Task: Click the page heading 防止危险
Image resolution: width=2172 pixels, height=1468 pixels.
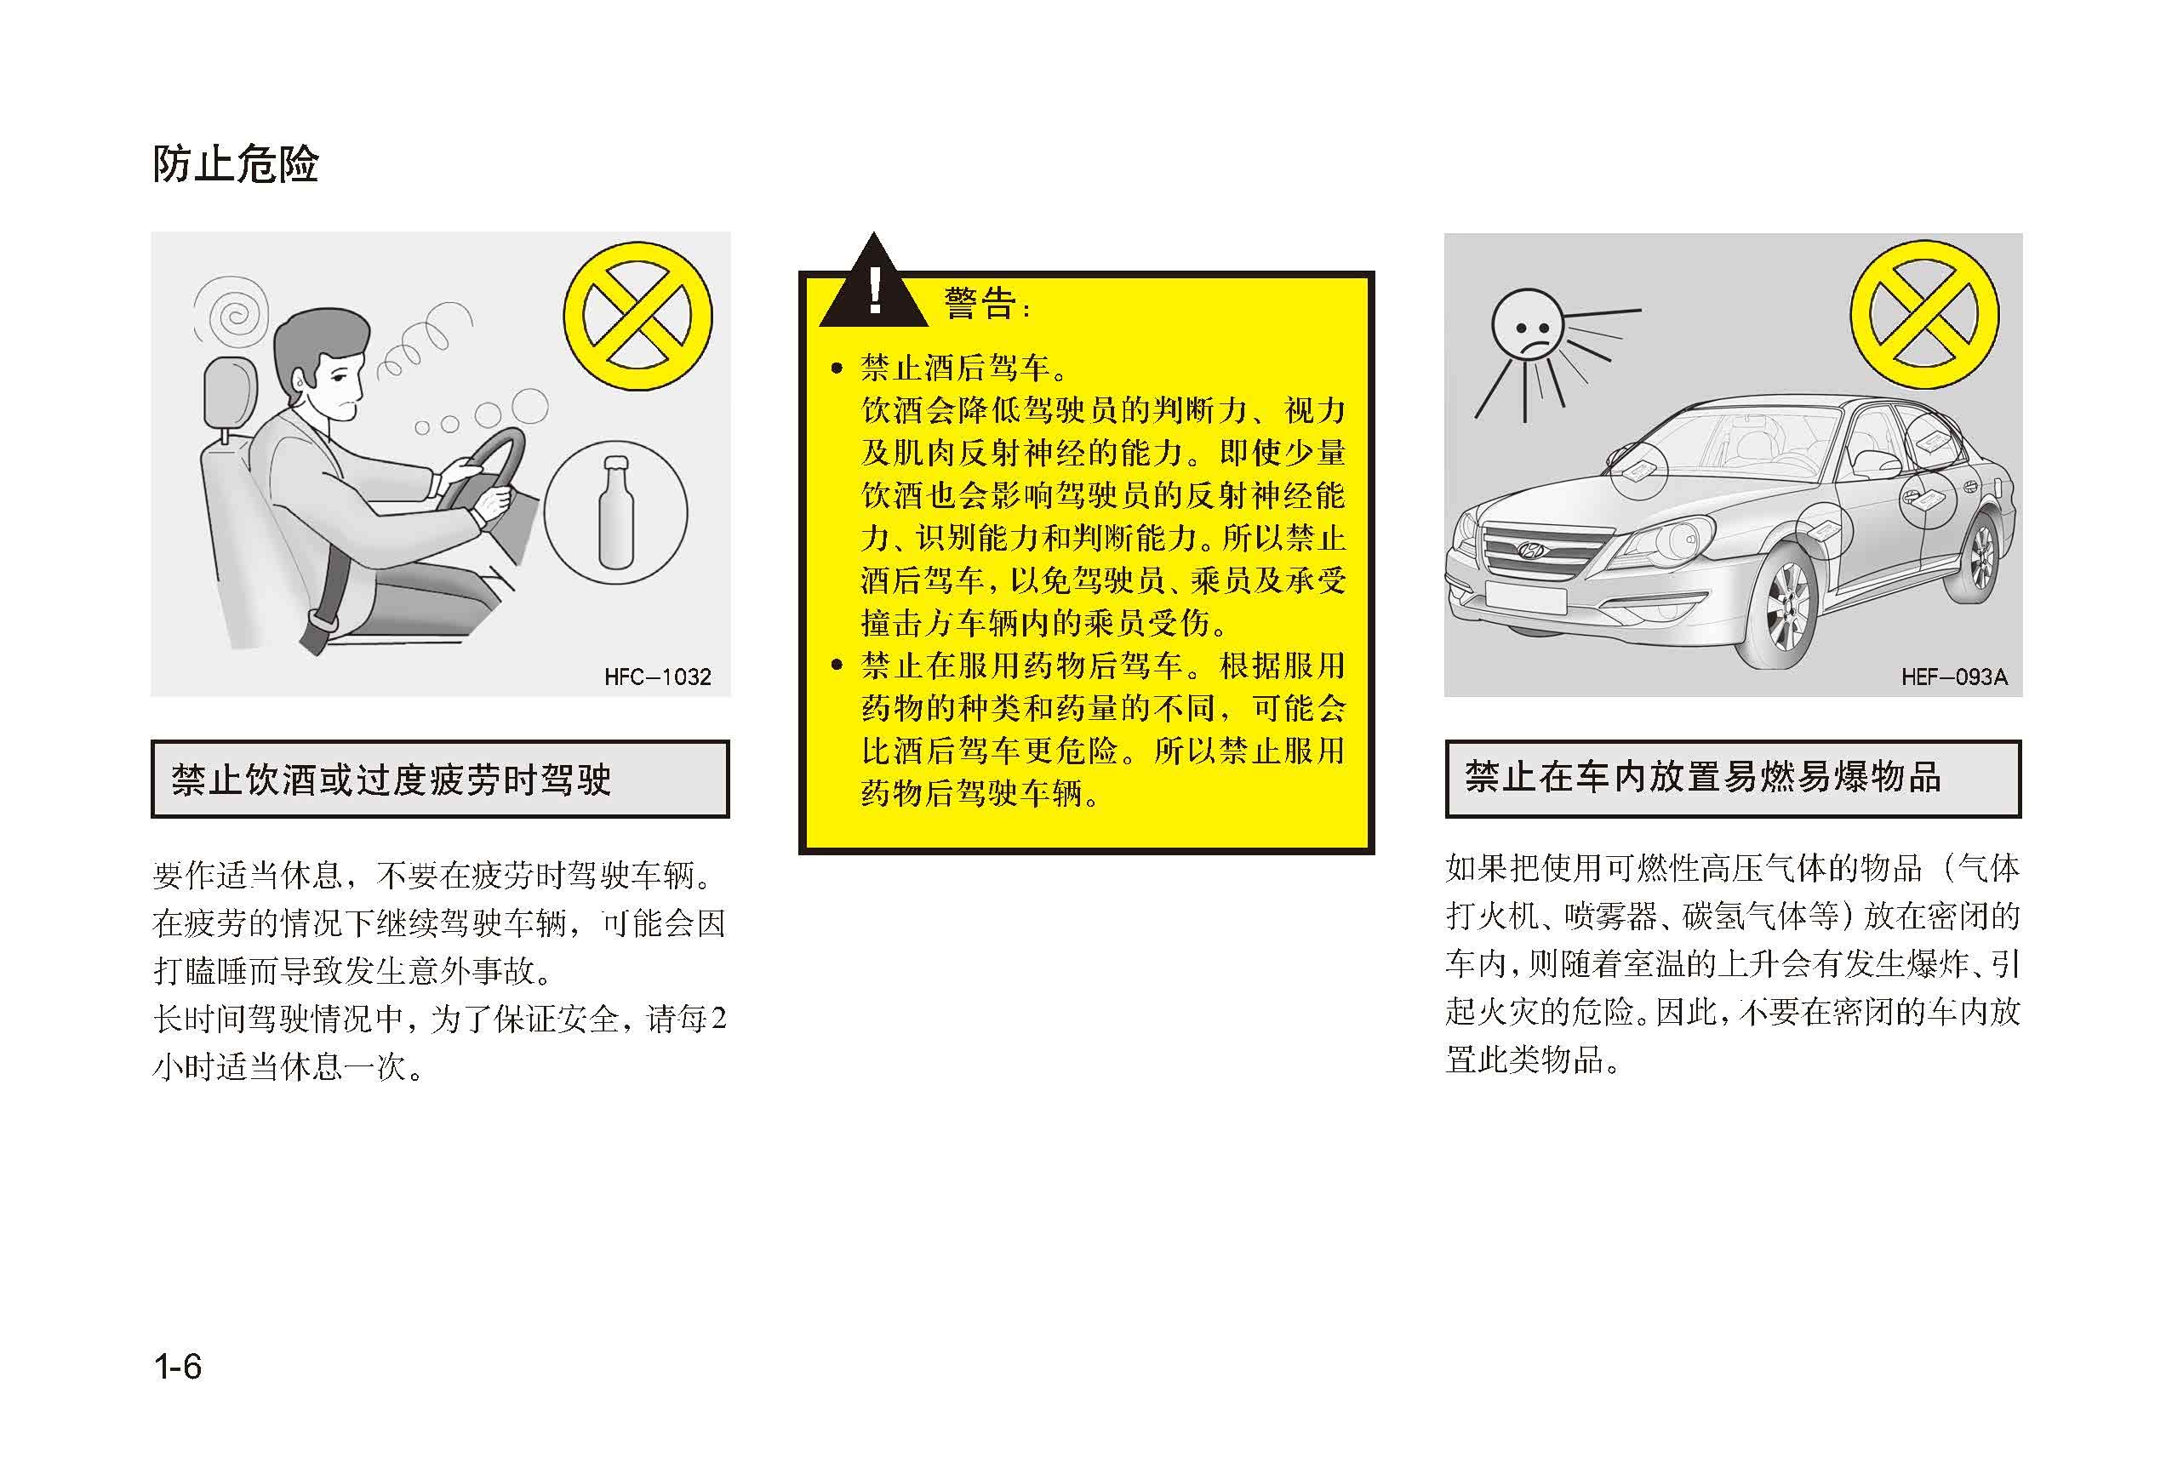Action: tap(236, 164)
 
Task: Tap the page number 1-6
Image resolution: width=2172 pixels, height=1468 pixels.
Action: tap(178, 1367)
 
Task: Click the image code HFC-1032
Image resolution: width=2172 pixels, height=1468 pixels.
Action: tap(657, 677)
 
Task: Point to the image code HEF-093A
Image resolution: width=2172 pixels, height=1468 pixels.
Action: tap(1954, 677)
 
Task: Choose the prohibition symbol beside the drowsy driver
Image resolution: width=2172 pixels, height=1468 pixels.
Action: tap(637, 316)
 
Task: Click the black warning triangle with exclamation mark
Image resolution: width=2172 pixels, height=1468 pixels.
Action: tap(873, 282)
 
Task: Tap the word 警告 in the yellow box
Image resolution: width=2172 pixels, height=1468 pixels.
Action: tap(980, 304)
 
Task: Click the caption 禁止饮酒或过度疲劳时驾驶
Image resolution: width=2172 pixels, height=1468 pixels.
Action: tap(391, 780)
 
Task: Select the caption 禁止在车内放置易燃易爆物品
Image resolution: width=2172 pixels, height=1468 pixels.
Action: tap(1702, 778)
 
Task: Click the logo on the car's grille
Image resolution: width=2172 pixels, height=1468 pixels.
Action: tap(1530, 550)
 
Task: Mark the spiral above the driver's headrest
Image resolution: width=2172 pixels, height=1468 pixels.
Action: tap(231, 311)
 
